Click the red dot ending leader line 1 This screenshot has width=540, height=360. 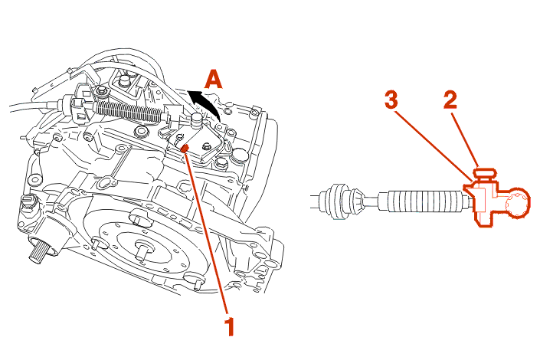[187, 146]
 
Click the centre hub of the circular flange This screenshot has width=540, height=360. [142, 248]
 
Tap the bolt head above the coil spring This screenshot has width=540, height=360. [102, 91]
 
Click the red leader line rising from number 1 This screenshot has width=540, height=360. [207, 230]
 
